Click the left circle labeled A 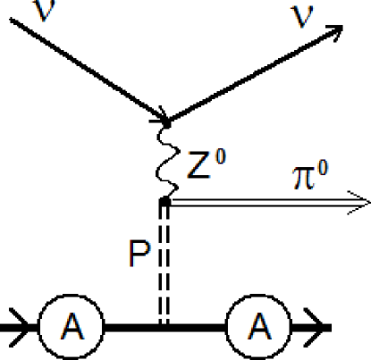pos(71,327)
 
